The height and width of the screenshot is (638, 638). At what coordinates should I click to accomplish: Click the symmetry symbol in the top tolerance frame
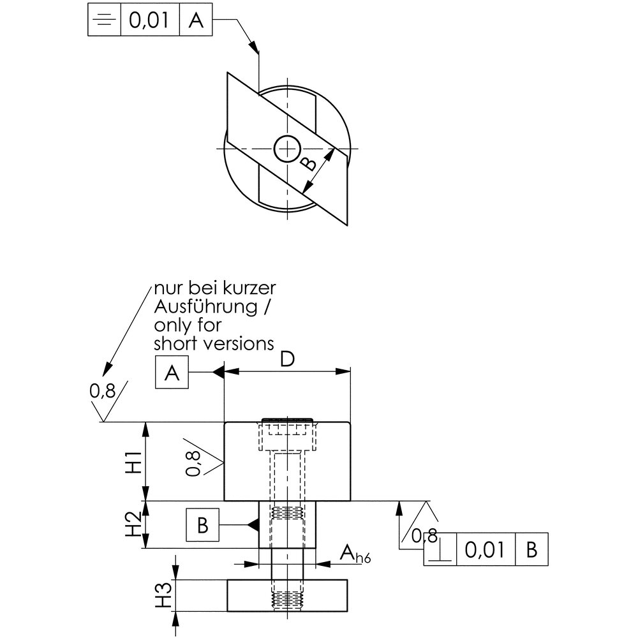104,20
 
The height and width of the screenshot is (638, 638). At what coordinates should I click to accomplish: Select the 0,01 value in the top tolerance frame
149,20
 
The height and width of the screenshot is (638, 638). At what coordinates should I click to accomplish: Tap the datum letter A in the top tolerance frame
196,20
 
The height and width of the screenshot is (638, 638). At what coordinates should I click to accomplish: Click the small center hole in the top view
287,149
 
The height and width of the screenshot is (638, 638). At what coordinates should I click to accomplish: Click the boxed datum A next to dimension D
172,372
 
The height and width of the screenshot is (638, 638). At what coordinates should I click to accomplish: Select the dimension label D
287,359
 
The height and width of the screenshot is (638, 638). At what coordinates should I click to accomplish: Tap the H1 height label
133,462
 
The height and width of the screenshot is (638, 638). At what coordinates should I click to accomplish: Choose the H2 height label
133,524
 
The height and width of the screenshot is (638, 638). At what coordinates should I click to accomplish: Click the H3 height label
164,596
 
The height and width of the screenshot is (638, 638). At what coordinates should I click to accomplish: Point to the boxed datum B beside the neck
203,525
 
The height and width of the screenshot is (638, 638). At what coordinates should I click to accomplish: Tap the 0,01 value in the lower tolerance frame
485,550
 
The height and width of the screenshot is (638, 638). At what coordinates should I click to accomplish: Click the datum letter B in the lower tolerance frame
532,549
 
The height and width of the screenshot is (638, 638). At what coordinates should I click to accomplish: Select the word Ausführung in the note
206,306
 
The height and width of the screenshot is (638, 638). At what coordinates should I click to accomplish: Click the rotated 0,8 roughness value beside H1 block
193,463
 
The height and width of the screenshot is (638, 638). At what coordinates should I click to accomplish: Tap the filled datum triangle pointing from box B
253,525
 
